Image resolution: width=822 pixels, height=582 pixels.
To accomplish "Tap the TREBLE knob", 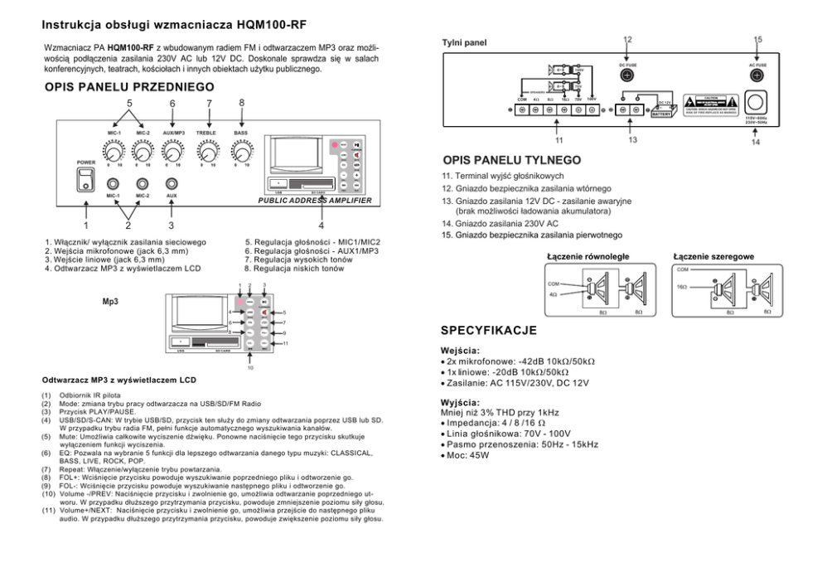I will (x=205, y=152).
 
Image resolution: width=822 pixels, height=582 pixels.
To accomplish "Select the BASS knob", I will (x=241, y=152).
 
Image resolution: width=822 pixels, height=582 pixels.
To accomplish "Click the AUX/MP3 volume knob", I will (x=172, y=152).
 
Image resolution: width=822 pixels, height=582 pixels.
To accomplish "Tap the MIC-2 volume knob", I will (x=143, y=152).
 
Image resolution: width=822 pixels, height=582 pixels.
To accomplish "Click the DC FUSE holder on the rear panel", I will (x=627, y=76).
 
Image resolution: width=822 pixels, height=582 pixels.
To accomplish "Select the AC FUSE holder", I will (x=757, y=76).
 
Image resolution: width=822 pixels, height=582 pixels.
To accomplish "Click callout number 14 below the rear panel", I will (x=756, y=143).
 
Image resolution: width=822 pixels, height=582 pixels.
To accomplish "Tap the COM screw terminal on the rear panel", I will (x=522, y=109).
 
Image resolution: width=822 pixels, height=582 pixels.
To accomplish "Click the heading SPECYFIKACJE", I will (x=489, y=330).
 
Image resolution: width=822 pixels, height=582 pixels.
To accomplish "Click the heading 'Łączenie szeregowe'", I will (x=713, y=256).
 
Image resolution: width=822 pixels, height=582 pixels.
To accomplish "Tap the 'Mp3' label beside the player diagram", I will (x=109, y=303).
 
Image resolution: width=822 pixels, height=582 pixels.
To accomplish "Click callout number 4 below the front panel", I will (x=320, y=225).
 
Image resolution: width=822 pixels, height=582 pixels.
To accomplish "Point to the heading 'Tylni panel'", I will (x=464, y=42).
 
